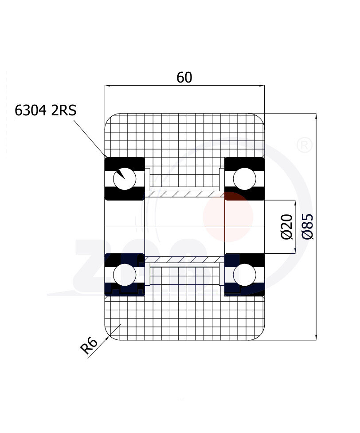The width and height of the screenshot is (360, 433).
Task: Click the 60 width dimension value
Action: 184,77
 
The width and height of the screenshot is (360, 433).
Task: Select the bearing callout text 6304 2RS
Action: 45,110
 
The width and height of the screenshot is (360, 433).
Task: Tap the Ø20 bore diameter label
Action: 287,226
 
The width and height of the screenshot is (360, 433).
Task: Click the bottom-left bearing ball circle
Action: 125,274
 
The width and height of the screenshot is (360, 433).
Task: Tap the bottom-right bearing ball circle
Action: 244,274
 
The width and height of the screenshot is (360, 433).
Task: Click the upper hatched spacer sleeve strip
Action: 184,194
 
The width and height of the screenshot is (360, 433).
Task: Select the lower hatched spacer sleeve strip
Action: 184,259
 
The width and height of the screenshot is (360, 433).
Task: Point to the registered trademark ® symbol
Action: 304,146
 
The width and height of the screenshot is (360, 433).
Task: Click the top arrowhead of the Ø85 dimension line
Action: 316,116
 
